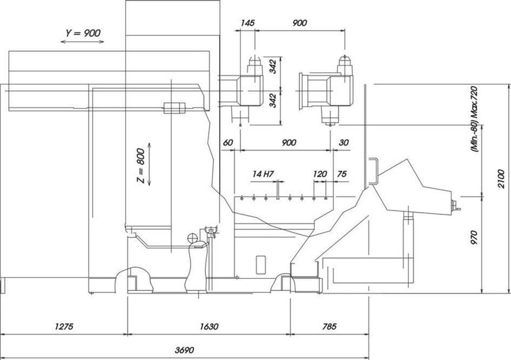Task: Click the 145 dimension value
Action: click(x=248, y=22)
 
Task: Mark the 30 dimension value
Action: click(x=344, y=143)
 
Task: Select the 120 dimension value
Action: click(x=320, y=174)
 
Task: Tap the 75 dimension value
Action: click(x=342, y=174)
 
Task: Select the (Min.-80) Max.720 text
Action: click(x=474, y=117)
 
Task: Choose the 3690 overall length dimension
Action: click(x=185, y=350)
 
